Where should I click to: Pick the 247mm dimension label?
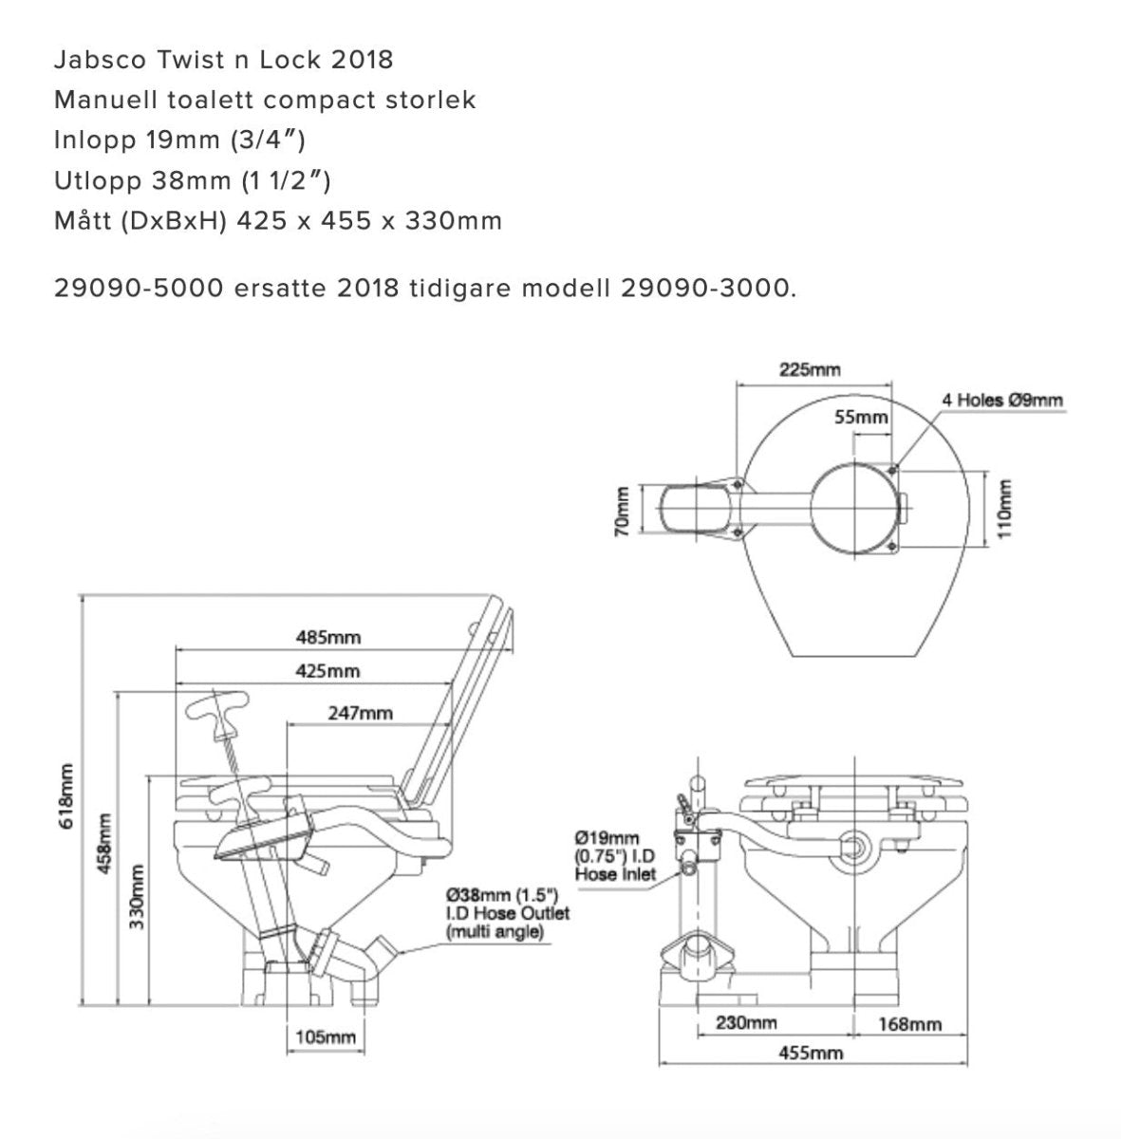pos(361,712)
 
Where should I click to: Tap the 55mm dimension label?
pos(862,418)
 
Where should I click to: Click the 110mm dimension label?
pos(1006,508)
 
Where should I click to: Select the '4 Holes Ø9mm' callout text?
pos(1002,400)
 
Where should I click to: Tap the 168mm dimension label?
pos(910,1023)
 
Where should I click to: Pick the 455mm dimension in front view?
pos(812,1053)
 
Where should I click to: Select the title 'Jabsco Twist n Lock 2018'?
pos(223,60)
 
